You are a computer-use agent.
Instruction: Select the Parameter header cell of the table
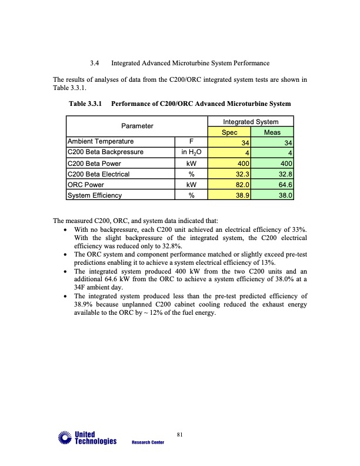pos(137,126)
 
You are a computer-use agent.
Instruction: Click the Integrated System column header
pos(251,121)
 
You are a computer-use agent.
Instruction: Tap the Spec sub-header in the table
pos(229,132)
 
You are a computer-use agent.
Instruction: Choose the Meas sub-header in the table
pos(272,132)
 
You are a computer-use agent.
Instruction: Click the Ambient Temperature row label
pos(101,142)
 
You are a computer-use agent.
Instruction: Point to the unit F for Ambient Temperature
pos(191,142)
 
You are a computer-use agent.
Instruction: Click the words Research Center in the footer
pos(148,442)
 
